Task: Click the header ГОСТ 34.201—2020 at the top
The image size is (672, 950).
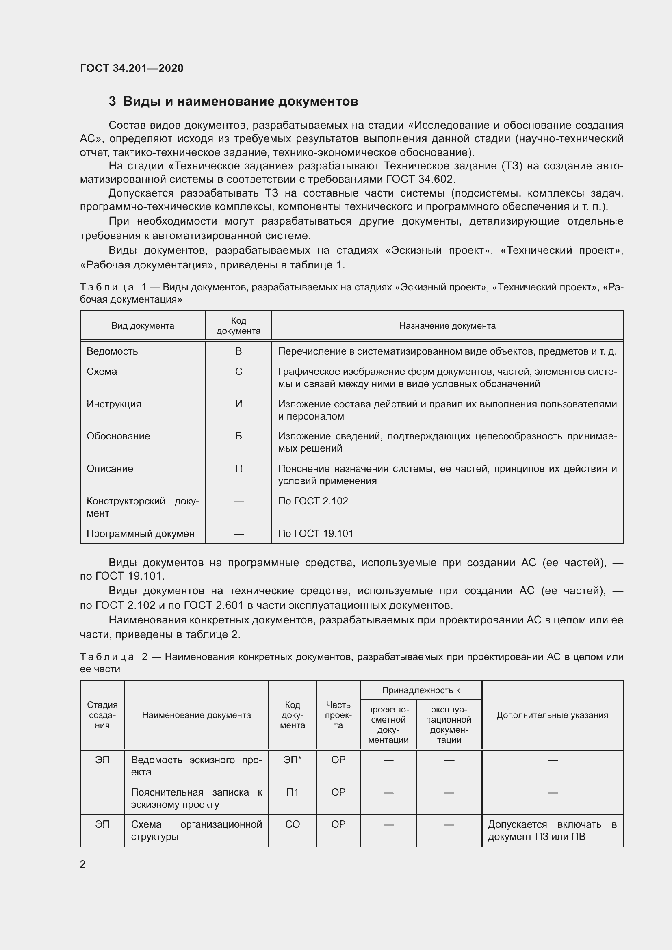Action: click(132, 68)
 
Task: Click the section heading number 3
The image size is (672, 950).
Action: click(112, 102)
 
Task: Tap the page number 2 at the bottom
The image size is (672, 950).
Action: click(83, 864)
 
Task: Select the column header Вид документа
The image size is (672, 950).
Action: click(142, 326)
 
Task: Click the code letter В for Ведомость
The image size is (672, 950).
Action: click(238, 351)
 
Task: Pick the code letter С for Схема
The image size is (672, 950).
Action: click(238, 372)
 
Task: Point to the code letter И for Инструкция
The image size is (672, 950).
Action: click(238, 404)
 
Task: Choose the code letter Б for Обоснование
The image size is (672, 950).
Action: click(238, 436)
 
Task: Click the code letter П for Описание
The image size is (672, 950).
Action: click(238, 469)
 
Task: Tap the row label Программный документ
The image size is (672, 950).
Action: click(143, 534)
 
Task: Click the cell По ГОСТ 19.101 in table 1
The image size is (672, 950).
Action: click(315, 534)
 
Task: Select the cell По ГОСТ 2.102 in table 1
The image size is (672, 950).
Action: click(313, 501)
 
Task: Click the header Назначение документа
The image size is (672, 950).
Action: click(447, 326)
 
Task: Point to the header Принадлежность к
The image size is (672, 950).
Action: click(421, 690)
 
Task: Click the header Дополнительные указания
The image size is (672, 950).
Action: click(552, 715)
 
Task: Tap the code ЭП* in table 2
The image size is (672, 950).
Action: click(292, 760)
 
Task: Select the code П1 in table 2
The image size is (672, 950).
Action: click(292, 792)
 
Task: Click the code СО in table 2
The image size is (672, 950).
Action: click(292, 824)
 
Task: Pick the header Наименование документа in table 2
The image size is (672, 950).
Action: click(196, 715)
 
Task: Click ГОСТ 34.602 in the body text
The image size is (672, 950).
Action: click(421, 180)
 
